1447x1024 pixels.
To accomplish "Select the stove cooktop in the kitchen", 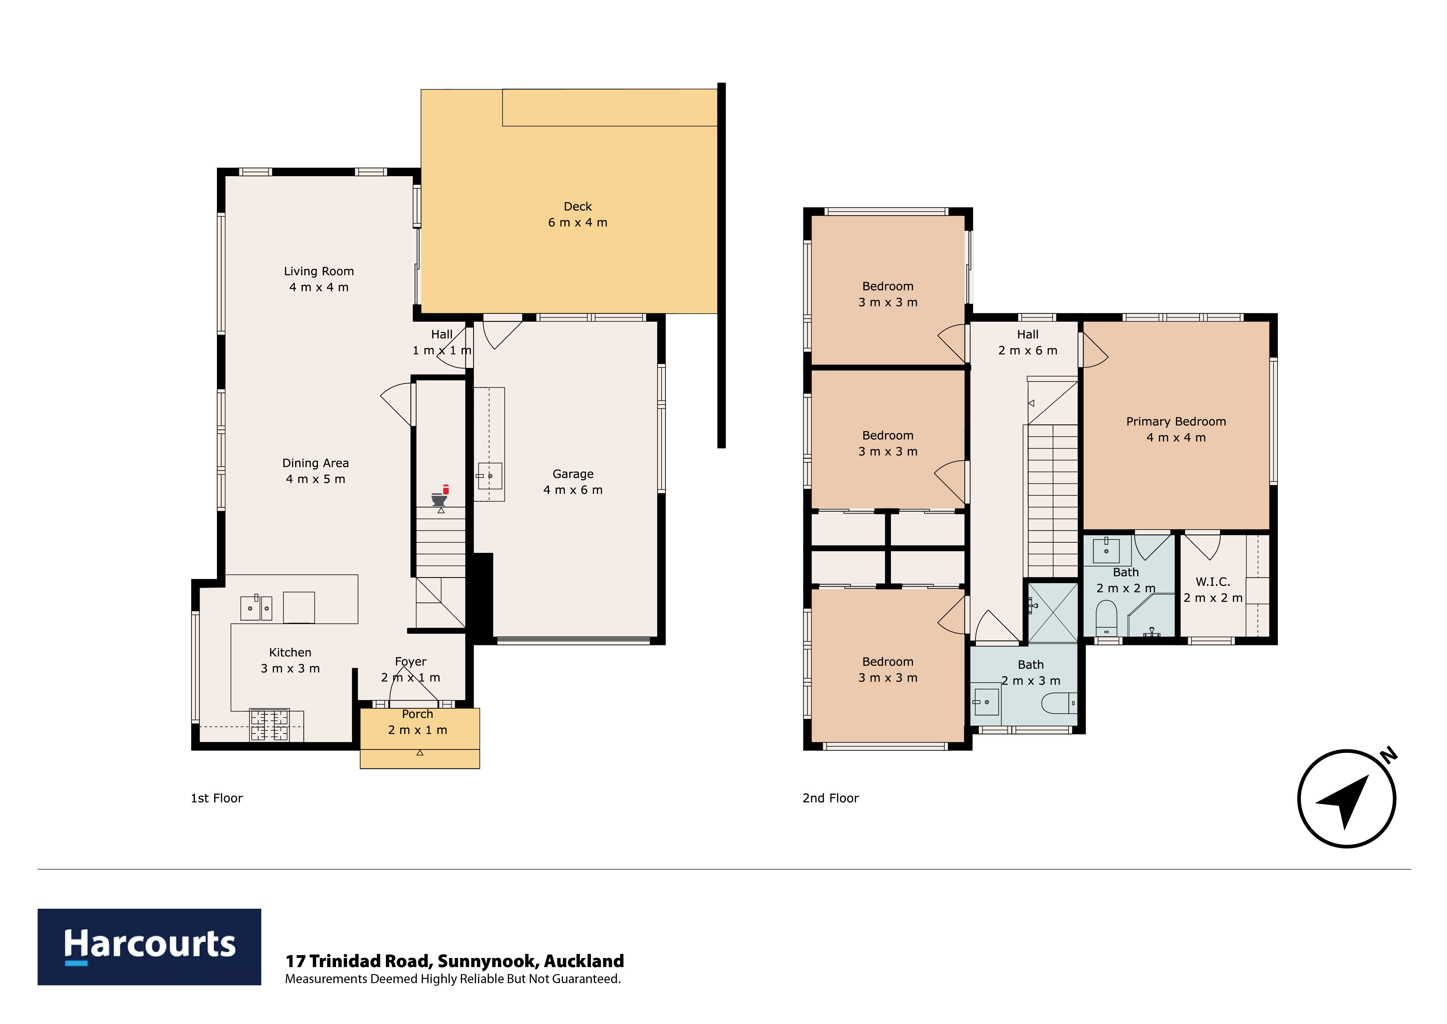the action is point(270,725).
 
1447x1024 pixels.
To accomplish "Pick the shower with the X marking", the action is point(1052,612).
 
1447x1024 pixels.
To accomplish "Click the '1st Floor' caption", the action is point(217,798).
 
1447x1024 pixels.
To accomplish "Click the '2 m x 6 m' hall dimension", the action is point(1028,351).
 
